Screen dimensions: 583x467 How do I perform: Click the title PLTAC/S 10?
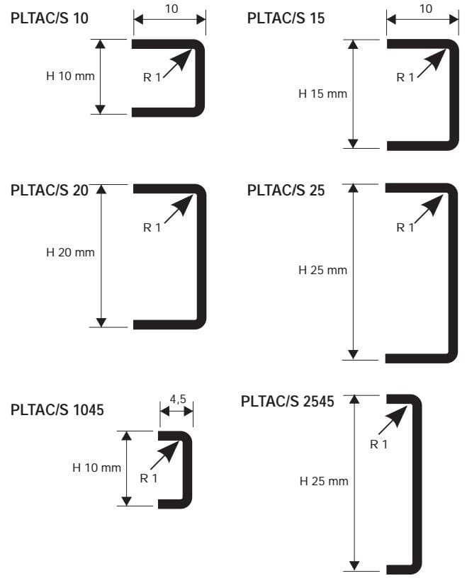click(x=50, y=18)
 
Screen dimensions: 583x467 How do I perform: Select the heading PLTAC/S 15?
click(x=286, y=18)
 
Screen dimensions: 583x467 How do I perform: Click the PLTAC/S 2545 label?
click(x=287, y=402)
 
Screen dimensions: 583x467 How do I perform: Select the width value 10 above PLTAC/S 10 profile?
click(x=171, y=9)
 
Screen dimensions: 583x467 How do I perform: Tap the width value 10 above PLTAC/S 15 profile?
click(x=426, y=9)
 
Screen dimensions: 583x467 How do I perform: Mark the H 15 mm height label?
click(x=323, y=94)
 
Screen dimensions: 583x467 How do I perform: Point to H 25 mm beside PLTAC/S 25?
click(x=323, y=270)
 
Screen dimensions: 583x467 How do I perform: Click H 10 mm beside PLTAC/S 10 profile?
click(x=70, y=75)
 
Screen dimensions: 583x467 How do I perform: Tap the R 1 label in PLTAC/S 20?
click(x=152, y=227)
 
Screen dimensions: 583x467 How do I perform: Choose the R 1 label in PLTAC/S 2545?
click(x=379, y=444)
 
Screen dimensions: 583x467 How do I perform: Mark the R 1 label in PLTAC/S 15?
click(x=405, y=77)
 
